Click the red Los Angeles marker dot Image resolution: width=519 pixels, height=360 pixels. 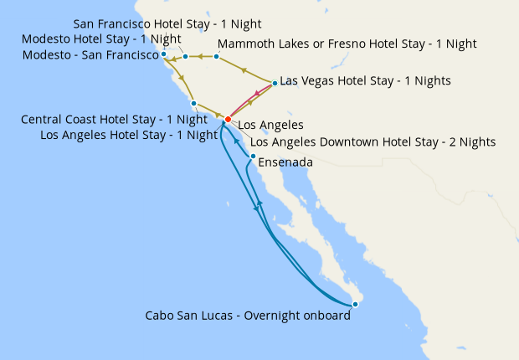[228, 120]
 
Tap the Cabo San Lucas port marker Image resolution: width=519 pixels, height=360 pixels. [356, 304]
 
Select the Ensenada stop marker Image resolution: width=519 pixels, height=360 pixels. [253, 156]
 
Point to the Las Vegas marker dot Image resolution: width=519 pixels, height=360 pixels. [275, 83]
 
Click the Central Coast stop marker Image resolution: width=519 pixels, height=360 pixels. [193, 104]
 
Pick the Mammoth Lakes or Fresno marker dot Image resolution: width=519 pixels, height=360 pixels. [216, 57]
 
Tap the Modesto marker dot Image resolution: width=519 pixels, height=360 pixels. [186, 57]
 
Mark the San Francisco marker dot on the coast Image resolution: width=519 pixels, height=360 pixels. [164, 56]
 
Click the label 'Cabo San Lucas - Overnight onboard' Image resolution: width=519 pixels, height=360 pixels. [247, 316]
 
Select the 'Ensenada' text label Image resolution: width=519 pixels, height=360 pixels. [285, 162]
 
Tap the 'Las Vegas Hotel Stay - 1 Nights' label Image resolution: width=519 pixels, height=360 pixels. [365, 81]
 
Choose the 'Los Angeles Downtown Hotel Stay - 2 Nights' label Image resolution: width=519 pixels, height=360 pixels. [373, 142]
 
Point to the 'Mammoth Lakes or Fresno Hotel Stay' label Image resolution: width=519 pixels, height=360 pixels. [347, 43]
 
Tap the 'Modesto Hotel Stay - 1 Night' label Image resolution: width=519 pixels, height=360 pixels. [102, 39]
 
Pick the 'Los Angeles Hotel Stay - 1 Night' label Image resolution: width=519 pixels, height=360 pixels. [129, 135]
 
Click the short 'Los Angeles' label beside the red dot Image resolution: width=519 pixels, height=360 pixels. [270, 125]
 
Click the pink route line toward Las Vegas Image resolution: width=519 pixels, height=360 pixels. [249, 101]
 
